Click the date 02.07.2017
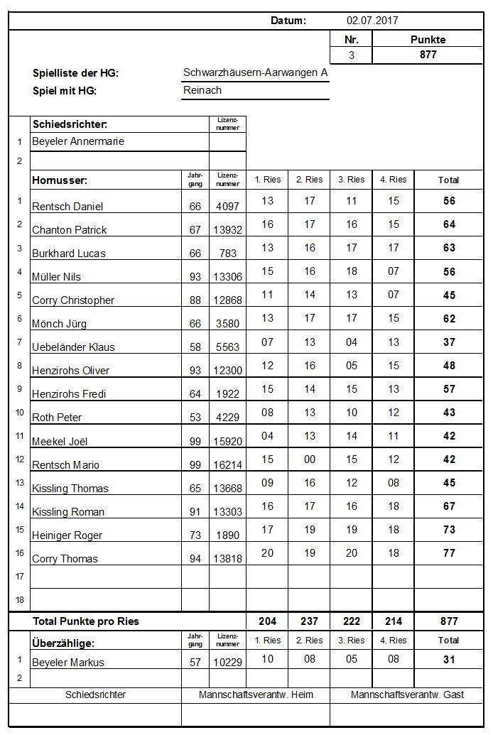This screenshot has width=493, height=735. pyautogui.click(x=372, y=21)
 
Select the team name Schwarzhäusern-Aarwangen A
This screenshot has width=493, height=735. pyautogui.click(x=255, y=72)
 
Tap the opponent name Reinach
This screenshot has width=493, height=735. pyautogui.click(x=202, y=90)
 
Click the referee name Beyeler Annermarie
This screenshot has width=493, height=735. pyautogui.click(x=78, y=141)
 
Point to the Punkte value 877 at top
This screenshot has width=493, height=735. pyautogui.click(x=428, y=55)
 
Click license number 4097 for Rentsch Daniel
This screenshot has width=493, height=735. pyautogui.click(x=227, y=207)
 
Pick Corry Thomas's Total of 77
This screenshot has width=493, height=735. pyautogui.click(x=449, y=553)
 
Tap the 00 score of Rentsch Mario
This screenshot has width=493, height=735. pyautogui.click(x=309, y=459)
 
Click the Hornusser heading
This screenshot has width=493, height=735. pyautogui.click(x=60, y=180)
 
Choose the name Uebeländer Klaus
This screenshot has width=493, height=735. pyautogui.click(x=73, y=347)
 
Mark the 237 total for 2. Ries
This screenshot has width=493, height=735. pyautogui.click(x=309, y=621)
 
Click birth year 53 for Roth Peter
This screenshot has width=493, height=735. pyautogui.click(x=195, y=418)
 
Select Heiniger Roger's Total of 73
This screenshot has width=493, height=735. pyautogui.click(x=449, y=530)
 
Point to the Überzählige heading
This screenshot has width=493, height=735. pyautogui.click(x=64, y=643)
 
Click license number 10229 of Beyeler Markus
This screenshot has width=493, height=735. pyautogui.click(x=227, y=663)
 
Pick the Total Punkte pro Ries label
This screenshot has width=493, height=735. pyautogui.click(x=86, y=621)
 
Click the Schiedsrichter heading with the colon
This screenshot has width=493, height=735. pyautogui.click(x=70, y=124)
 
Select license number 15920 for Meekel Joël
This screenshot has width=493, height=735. pyautogui.click(x=227, y=442)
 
